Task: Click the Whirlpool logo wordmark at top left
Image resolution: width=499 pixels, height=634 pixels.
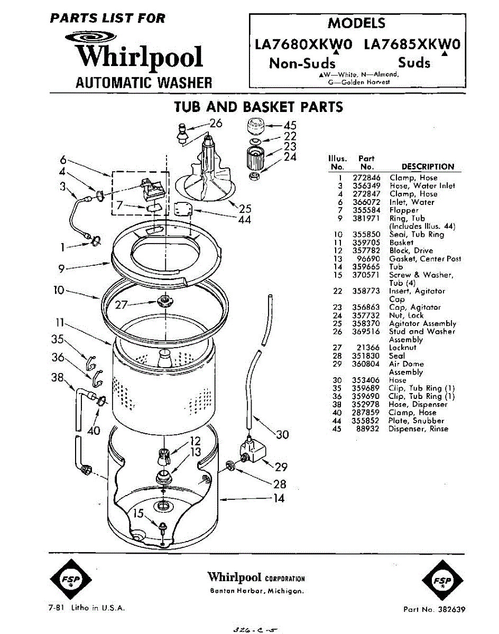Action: point(139,57)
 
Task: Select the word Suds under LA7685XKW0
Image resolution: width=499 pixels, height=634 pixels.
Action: point(414,63)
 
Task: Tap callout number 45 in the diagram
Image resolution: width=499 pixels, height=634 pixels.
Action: point(290,126)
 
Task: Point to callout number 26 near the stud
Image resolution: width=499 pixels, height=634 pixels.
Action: point(215,124)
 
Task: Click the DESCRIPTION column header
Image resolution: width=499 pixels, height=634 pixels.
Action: point(428,166)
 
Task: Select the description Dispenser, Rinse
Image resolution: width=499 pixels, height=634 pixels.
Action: point(418,429)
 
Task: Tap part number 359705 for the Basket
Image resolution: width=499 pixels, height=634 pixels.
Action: point(366,243)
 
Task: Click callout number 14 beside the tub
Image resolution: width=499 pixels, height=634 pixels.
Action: point(280,498)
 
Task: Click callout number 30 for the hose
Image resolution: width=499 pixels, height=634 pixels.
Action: point(283,435)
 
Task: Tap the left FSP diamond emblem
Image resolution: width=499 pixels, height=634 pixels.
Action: point(72,580)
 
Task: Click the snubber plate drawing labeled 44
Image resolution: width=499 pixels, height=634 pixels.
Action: point(183,210)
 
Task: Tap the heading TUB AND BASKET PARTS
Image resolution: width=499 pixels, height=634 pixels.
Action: point(258,107)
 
